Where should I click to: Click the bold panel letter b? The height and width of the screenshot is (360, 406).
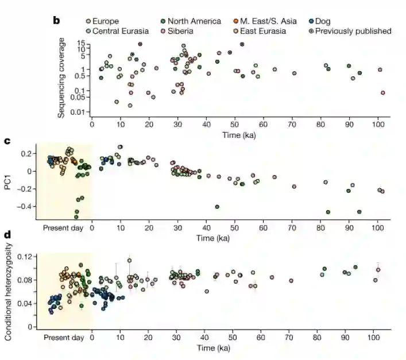tap(56, 21)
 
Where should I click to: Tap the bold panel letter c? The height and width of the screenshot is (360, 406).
tap(7, 139)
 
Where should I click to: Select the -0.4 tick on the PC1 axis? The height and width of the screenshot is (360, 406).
tap(25, 206)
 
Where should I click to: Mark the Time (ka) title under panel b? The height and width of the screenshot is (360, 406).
tap(239, 135)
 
